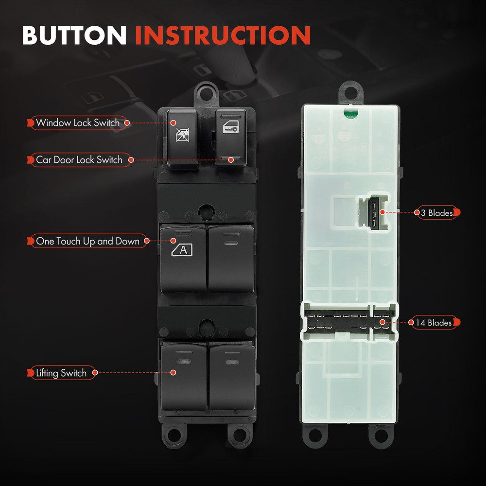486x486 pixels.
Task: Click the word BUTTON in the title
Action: [x=74, y=35]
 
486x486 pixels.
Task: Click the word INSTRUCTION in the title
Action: [x=223, y=35]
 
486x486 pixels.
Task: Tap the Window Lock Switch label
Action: [x=77, y=123]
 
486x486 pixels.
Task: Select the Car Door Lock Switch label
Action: [x=79, y=160]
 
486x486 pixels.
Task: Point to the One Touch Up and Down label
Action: [x=87, y=241]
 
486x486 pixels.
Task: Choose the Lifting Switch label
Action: [x=61, y=373]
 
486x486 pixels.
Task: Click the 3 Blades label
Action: [x=437, y=213]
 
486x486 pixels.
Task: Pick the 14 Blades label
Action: [x=434, y=323]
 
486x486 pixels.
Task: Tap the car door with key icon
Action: [x=230, y=127]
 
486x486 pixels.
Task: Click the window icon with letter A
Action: [x=182, y=250]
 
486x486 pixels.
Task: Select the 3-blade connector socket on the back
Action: [x=373, y=212]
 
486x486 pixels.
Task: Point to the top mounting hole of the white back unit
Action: [x=350, y=92]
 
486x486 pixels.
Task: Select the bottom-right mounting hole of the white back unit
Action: [x=381, y=435]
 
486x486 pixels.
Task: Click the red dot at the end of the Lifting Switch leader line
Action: [x=174, y=373]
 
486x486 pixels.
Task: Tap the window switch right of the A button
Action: [x=231, y=259]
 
